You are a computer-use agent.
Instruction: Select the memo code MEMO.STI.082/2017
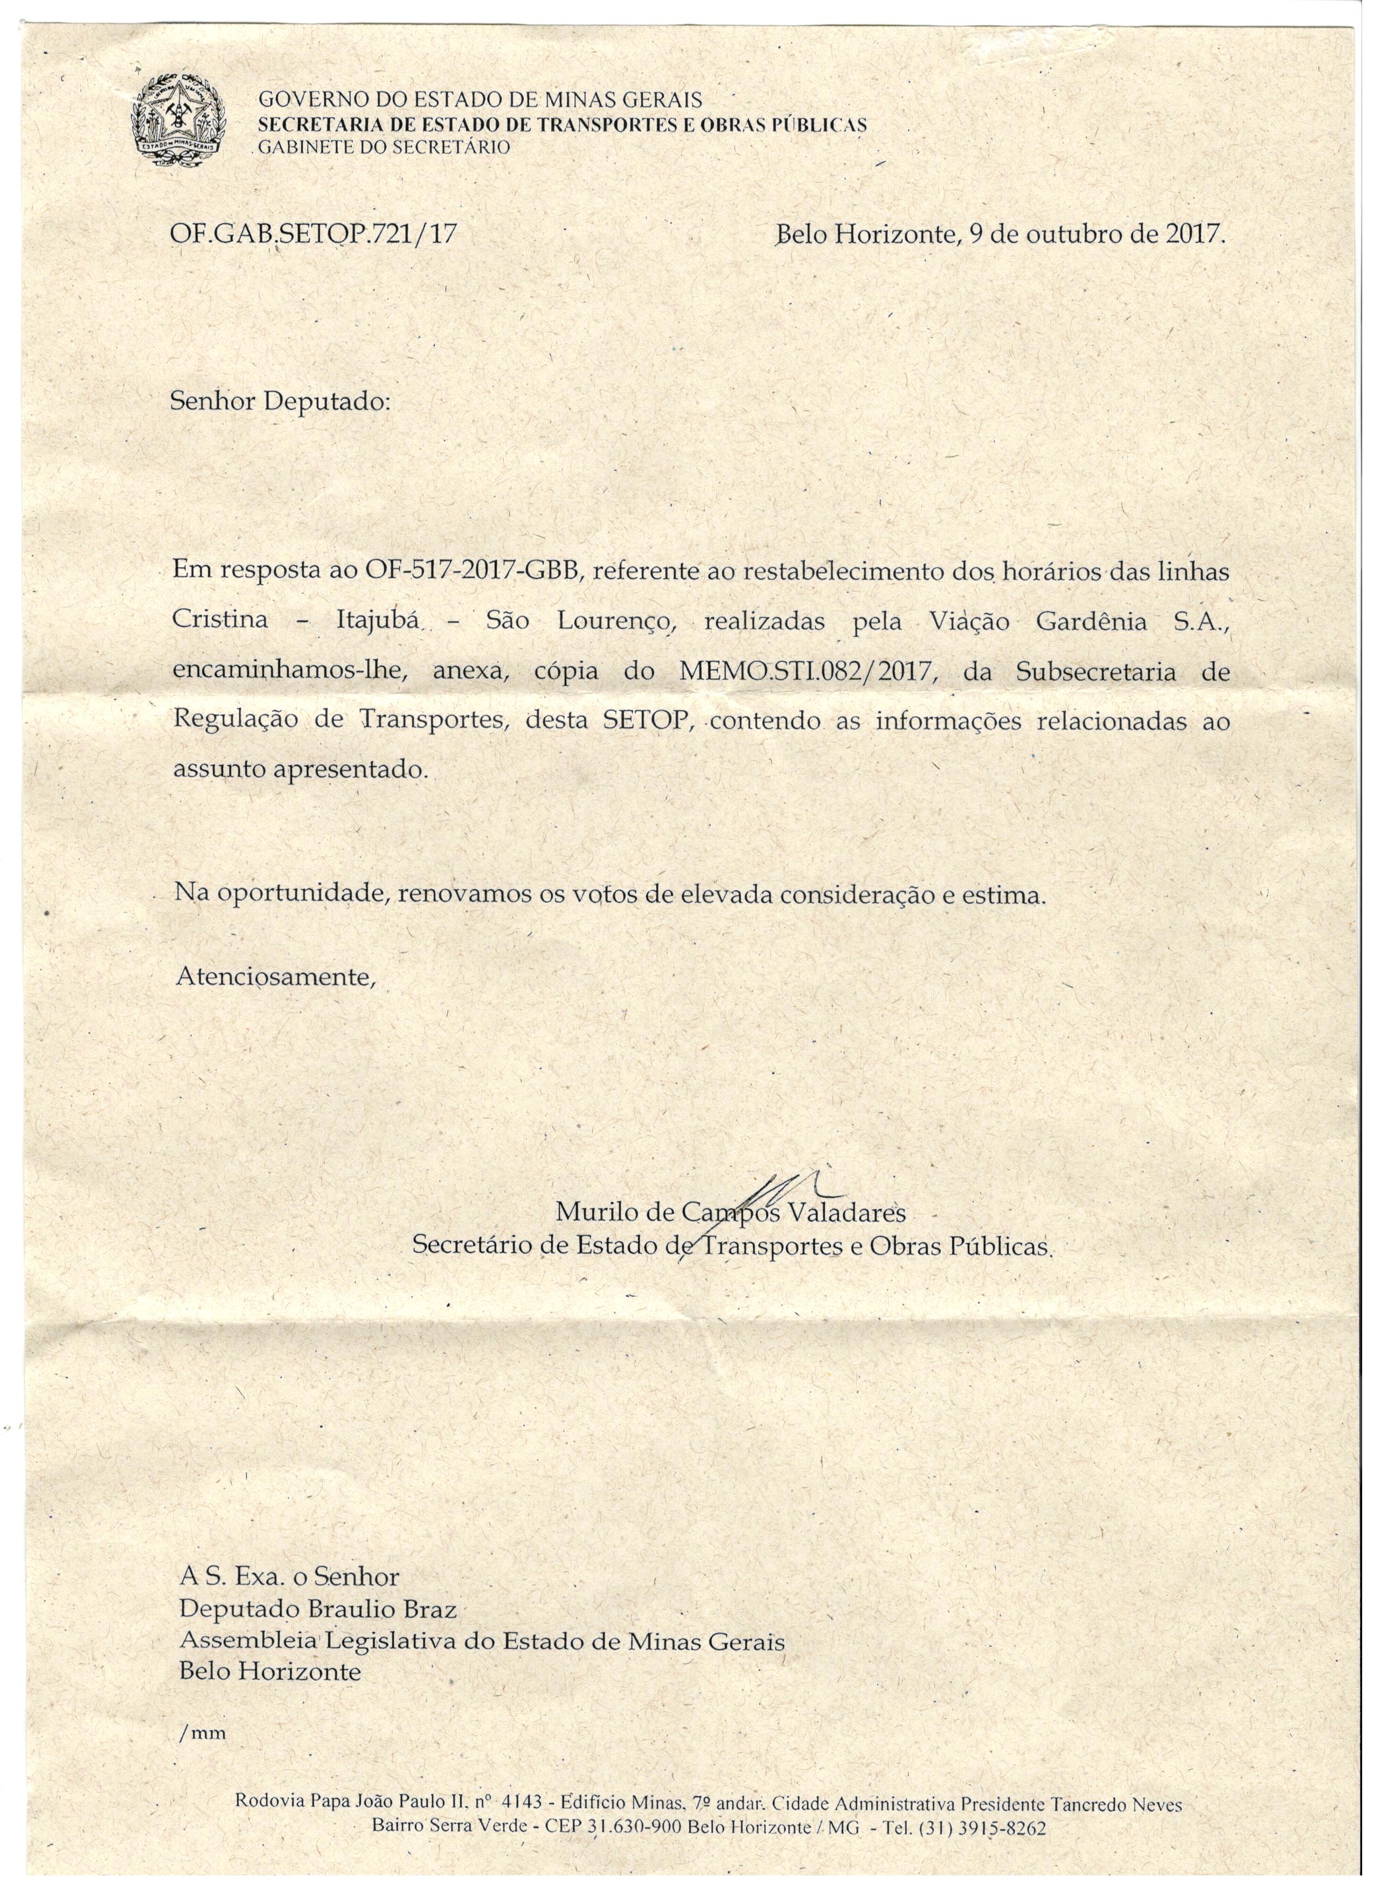[805, 671]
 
